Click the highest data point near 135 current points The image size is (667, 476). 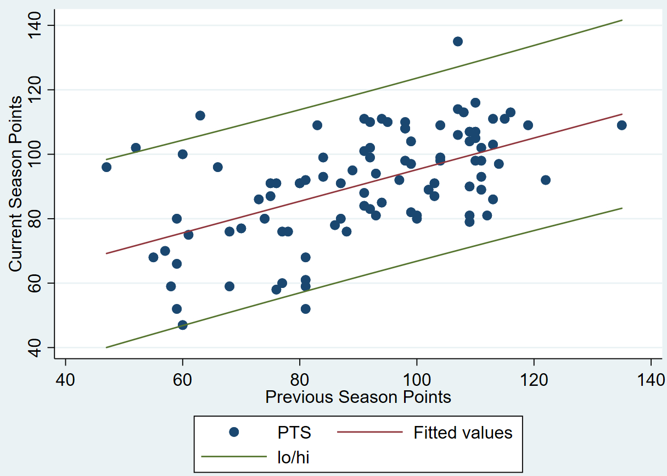(458, 41)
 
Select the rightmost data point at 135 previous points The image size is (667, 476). (621, 125)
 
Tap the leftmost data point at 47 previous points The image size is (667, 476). (107, 167)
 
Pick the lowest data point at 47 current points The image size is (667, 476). (183, 325)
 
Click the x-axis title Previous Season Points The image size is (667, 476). (358, 397)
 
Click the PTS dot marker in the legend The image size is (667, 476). (234, 432)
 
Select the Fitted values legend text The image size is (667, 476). (463, 433)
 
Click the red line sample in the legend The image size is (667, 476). (369, 432)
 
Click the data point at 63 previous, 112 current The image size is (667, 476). (200, 115)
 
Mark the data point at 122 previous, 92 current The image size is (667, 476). (545, 180)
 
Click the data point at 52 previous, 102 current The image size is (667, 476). (136, 148)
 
